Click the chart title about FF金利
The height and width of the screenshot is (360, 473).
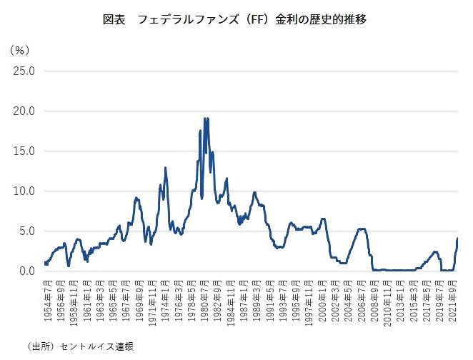(x=236, y=20)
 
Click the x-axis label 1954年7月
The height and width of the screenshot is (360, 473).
(x=46, y=301)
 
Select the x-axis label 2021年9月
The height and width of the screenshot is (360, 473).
(x=455, y=301)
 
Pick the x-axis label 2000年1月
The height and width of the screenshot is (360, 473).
(x=323, y=301)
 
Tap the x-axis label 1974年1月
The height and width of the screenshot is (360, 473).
(x=165, y=301)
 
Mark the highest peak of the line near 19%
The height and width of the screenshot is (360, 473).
(x=205, y=119)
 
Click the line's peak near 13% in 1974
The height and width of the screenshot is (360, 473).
(x=166, y=168)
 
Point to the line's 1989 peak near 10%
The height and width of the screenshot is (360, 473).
(x=254, y=192)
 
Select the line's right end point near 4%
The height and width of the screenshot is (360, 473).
(x=457, y=239)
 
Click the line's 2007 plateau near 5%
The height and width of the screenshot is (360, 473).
(x=362, y=229)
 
